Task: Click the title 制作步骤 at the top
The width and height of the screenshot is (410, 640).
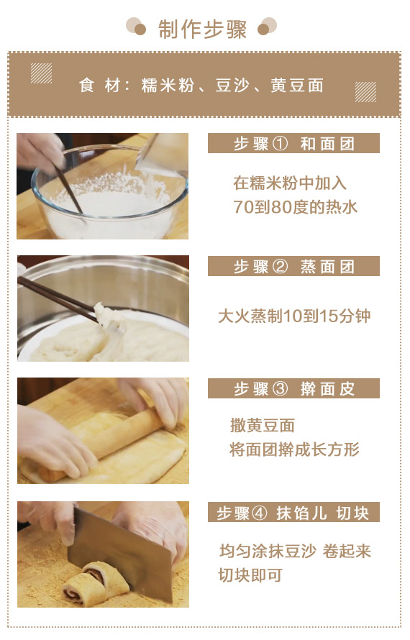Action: point(203,29)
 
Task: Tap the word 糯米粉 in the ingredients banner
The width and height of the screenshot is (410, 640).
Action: point(168,86)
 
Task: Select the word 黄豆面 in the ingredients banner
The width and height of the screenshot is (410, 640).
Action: point(297,86)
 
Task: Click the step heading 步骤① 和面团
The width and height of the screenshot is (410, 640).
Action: point(294,144)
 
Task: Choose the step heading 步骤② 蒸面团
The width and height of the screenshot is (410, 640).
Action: point(294,267)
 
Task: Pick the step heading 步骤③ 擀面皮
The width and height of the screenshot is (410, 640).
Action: point(294,388)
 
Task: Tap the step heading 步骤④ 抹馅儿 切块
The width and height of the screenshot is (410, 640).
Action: point(293,513)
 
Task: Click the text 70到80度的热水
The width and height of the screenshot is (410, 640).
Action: point(295,207)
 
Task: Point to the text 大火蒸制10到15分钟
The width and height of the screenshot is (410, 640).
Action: point(294,316)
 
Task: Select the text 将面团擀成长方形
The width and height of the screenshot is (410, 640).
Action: point(294,449)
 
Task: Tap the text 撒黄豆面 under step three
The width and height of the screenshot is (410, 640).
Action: point(263,426)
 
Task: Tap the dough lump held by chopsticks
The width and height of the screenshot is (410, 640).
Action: point(108,316)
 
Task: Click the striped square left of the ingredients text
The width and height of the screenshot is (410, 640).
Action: point(41,73)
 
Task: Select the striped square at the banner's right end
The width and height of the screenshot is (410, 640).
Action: point(365,92)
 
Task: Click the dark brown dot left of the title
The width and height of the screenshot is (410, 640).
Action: point(140,29)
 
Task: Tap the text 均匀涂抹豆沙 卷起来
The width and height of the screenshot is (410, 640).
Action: point(295,551)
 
